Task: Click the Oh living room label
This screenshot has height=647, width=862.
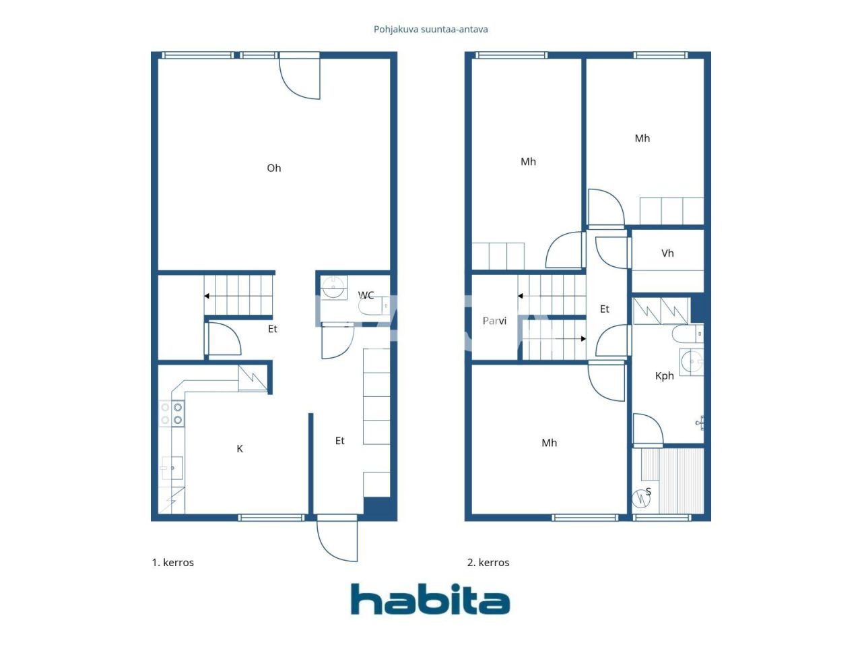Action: [273, 168]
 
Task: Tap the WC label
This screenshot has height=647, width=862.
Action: [366, 295]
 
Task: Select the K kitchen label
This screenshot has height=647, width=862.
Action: [240, 449]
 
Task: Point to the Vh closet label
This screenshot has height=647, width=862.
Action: [667, 253]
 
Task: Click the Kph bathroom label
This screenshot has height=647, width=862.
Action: [664, 376]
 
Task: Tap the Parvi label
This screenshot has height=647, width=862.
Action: [494, 321]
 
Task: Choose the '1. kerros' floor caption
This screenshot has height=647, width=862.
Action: [172, 562]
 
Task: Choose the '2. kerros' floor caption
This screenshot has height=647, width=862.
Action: [488, 562]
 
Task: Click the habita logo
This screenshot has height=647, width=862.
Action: [430, 599]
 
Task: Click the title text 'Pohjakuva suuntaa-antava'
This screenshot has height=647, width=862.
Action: [431, 29]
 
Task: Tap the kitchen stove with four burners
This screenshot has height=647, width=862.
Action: [171, 413]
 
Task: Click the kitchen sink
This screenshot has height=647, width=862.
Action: [172, 468]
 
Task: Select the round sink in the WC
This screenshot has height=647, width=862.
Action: [332, 288]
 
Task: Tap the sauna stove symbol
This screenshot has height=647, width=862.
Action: [640, 498]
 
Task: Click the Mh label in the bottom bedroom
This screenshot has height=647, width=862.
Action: [549, 443]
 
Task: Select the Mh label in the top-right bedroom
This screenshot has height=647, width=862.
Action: [642, 138]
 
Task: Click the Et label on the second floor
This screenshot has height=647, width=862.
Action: [604, 309]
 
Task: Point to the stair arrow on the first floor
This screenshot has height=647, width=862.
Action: [207, 296]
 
